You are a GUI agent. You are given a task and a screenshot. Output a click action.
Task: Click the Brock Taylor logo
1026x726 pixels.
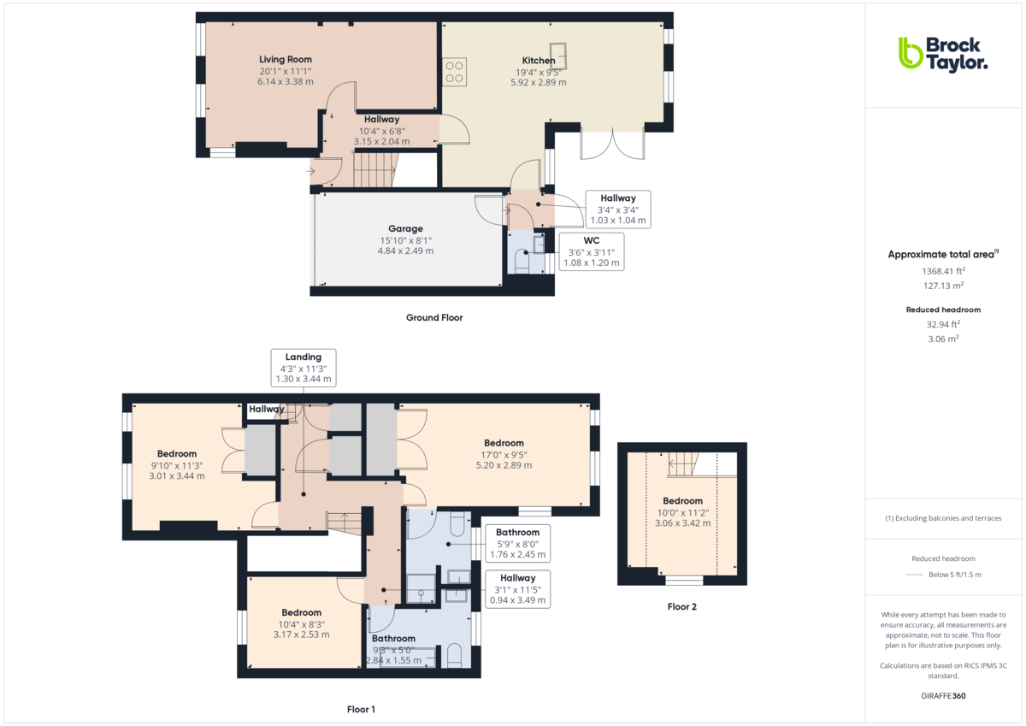(x=942, y=56)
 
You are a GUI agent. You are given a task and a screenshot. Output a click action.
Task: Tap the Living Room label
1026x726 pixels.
(x=286, y=60)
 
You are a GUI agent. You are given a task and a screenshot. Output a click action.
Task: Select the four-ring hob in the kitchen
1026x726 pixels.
(x=454, y=72)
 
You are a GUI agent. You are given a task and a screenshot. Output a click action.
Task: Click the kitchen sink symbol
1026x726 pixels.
(x=557, y=56)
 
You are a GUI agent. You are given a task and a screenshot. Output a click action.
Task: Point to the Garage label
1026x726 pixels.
(x=405, y=228)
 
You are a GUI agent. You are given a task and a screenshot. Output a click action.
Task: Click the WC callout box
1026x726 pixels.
(x=592, y=251)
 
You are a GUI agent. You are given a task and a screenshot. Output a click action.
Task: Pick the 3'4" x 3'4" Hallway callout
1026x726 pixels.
(x=618, y=210)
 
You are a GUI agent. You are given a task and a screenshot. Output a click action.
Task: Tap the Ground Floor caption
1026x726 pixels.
(x=434, y=317)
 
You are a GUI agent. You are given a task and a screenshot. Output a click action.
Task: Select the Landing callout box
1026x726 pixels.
(x=304, y=368)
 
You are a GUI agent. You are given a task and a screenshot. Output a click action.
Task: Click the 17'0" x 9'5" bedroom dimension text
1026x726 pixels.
(x=504, y=455)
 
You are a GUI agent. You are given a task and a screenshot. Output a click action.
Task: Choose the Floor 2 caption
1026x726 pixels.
(x=681, y=607)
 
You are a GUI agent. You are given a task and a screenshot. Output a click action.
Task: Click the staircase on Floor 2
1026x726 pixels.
(x=683, y=465)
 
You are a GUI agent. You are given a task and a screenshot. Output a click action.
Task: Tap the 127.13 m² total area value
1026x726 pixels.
(x=943, y=286)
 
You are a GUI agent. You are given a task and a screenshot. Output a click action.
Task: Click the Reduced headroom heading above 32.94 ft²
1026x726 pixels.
(x=943, y=310)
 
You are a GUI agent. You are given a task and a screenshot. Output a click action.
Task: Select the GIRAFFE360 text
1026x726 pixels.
(x=943, y=696)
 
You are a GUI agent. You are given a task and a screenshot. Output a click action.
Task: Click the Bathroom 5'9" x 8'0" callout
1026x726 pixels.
(x=517, y=543)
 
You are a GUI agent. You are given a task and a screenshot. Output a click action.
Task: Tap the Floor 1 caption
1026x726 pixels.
(x=361, y=710)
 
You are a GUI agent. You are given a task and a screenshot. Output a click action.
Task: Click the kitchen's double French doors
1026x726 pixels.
(x=612, y=145)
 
